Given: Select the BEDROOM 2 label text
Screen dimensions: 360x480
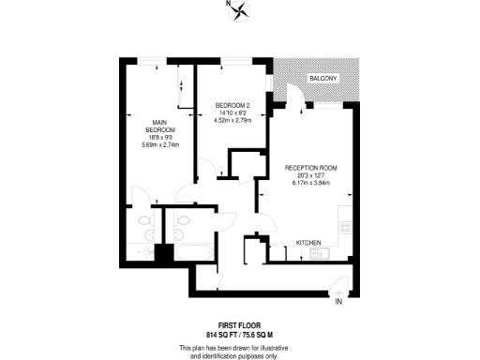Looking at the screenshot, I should tap(232, 104).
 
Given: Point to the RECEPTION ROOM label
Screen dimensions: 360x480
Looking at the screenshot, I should tap(311, 168).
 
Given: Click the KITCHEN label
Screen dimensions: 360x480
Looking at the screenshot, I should tap(309, 242).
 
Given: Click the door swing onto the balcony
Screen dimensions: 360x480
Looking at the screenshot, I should tap(294, 97).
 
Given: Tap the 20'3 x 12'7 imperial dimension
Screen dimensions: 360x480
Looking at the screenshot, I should tap(311, 175).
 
